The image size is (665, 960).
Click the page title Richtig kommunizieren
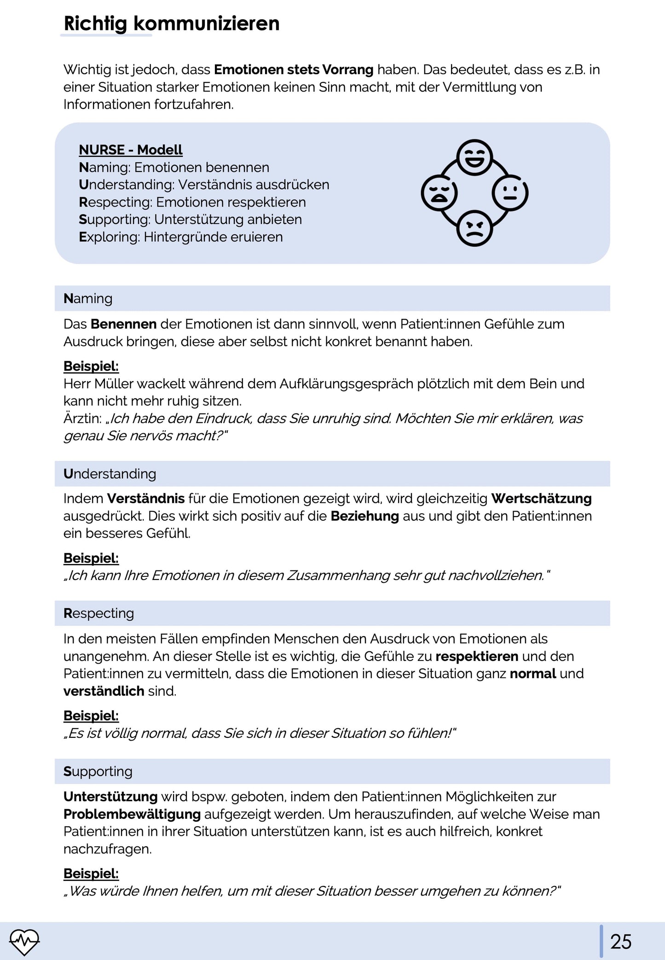tap(171, 23)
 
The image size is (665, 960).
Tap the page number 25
tap(621, 942)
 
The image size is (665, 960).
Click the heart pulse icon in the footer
tap(24, 941)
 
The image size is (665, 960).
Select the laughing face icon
tap(474, 157)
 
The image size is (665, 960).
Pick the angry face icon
tap(474, 228)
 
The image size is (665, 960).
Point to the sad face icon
tap(439, 193)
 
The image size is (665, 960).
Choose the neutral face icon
tap(510, 193)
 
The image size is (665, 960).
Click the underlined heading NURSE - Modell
tap(131, 150)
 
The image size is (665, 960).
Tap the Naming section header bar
tap(332, 299)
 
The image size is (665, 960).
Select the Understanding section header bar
tap(332, 474)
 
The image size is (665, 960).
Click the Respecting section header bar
tap(332, 613)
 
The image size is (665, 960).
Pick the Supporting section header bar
tap(332, 771)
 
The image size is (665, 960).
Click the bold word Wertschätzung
tap(541, 499)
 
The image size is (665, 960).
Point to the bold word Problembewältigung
tap(132, 814)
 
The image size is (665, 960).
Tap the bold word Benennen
tap(123, 324)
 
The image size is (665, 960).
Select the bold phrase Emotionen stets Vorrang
tap(294, 70)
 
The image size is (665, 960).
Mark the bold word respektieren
tap(477, 656)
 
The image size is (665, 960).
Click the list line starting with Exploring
tap(181, 237)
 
